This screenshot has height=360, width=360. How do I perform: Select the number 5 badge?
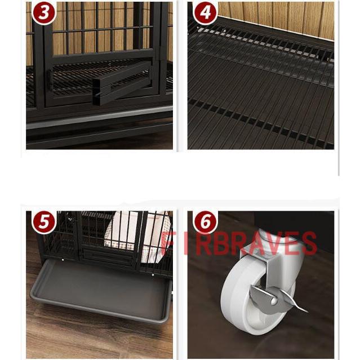coord(43,222)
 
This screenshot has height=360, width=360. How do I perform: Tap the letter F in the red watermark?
coord(166,243)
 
